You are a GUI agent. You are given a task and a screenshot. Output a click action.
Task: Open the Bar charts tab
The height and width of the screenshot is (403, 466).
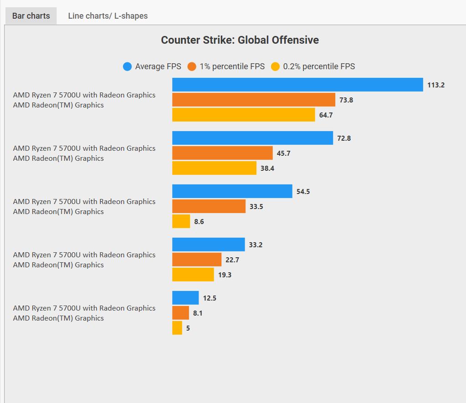(31, 16)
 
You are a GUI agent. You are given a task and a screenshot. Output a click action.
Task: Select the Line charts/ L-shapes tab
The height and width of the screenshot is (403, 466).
(108, 16)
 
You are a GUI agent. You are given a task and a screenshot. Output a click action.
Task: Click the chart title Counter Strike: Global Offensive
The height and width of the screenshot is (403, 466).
(240, 40)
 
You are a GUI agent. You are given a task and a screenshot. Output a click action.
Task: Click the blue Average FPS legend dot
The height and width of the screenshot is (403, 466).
(128, 67)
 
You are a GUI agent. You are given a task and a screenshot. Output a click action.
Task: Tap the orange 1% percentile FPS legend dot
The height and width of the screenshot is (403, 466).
(192, 67)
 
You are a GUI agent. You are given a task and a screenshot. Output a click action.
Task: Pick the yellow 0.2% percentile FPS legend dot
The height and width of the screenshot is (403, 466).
(275, 67)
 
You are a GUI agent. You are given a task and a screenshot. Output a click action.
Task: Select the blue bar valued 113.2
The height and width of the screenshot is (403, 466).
(297, 85)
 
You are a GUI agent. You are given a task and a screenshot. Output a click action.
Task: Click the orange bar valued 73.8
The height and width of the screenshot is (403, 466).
(253, 100)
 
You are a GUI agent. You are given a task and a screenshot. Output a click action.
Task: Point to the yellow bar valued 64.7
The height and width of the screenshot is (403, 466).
(243, 115)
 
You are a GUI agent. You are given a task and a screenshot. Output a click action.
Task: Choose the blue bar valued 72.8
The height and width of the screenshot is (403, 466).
(252, 138)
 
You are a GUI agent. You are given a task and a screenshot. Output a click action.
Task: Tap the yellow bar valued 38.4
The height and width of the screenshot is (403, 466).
(214, 168)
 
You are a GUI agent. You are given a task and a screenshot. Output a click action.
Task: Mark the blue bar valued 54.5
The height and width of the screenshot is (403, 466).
(232, 191)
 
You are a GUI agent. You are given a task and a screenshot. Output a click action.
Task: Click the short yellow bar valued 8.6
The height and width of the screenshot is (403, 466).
(181, 221)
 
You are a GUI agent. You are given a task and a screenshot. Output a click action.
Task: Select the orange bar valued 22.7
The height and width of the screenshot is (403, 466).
(196, 260)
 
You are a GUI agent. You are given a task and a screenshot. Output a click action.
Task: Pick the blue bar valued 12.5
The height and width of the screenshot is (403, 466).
(185, 298)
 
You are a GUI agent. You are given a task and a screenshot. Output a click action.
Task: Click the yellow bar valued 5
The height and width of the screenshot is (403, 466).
(177, 328)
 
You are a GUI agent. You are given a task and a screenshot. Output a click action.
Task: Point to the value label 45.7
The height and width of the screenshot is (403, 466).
(283, 153)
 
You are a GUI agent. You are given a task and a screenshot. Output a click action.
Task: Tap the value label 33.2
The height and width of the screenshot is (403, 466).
(256, 245)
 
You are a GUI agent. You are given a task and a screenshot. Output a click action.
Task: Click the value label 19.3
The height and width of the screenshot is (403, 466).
(225, 275)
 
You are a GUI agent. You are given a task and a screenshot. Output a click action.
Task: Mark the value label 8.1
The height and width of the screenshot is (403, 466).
(198, 313)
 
